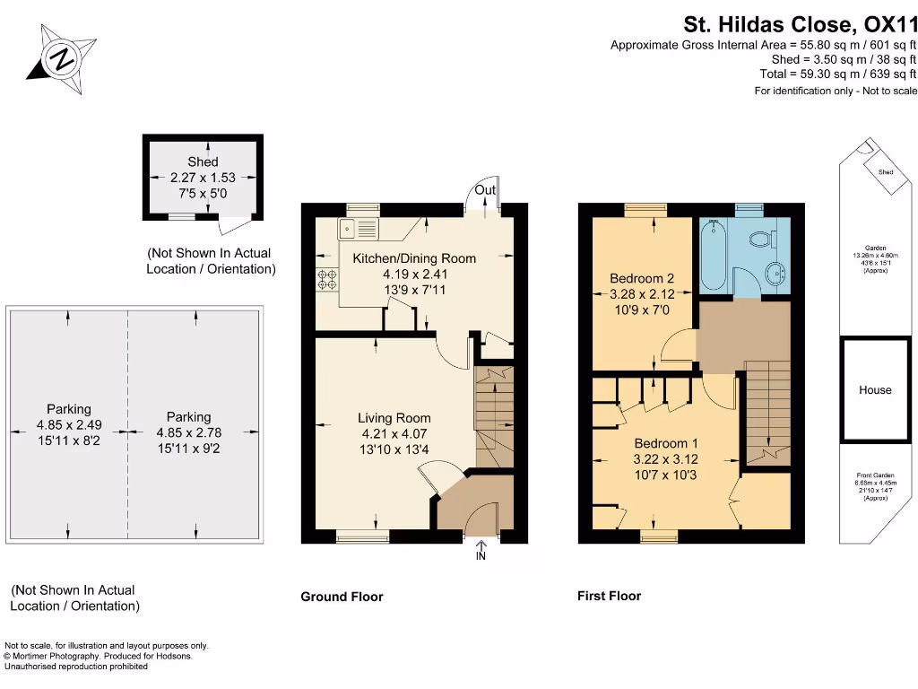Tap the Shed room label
[203, 162]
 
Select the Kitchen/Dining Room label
[414, 258]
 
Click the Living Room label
[394, 418]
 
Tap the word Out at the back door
[485, 190]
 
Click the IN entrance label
[481, 556]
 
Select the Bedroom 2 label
[641, 278]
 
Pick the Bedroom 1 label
[666, 443]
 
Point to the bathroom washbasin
[775, 273]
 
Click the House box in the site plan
[875, 389]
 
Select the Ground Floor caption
[342, 597]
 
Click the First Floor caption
[609, 596]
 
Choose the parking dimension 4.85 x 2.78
[188, 432]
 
